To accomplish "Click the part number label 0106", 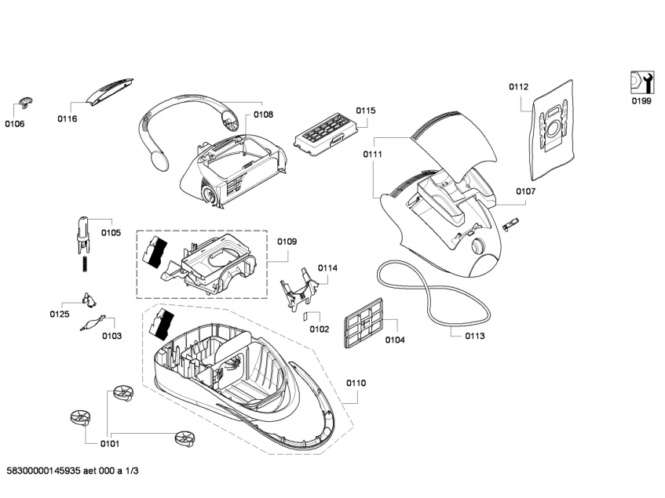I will coord(15,124).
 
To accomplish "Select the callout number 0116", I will coord(67,118).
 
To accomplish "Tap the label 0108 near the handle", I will coord(263,115).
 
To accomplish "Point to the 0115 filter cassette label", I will coord(365,111).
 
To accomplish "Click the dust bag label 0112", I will coord(518,87).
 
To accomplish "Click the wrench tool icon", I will coord(641,82).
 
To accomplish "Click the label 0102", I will coord(319,329).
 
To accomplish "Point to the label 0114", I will coord(327,268).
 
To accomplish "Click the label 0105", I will coord(111,233).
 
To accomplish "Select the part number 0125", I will coord(60,314).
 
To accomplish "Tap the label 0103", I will coord(111,336).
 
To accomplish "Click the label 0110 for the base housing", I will coord(356,383).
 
